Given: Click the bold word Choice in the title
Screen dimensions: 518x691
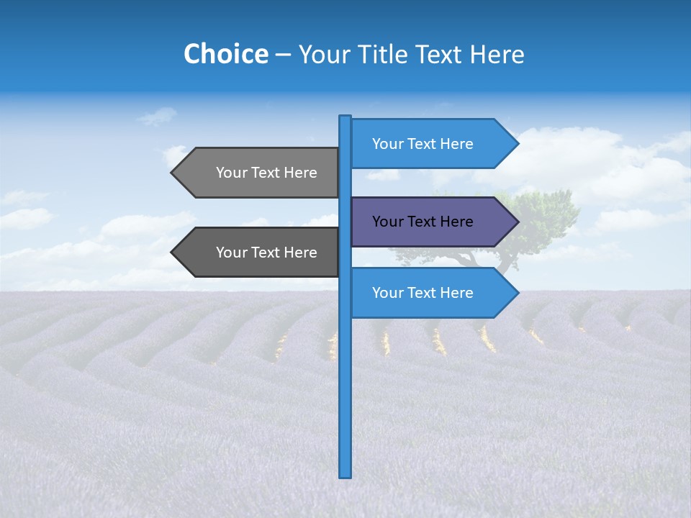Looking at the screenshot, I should click(225, 54).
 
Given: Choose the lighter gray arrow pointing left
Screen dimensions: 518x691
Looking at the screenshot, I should click(259, 173).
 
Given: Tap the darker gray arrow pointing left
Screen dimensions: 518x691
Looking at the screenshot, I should click(259, 253).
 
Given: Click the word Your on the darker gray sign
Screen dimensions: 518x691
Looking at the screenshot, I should click(232, 253).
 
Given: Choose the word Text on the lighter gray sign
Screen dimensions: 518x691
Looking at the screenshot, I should click(267, 173).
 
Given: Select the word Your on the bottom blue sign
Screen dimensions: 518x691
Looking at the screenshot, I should click(388, 293).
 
